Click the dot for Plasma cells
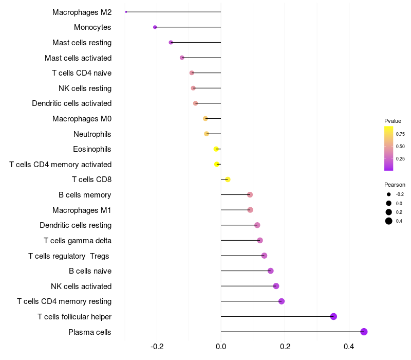[x=364, y=332]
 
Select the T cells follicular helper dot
[x=333, y=316]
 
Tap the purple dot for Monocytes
[x=155, y=27]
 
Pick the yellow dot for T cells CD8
[x=228, y=179]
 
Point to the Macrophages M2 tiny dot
[x=126, y=11]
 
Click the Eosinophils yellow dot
[x=216, y=149]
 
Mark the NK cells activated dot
[x=276, y=286]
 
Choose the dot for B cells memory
[x=250, y=194]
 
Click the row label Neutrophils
[x=92, y=134]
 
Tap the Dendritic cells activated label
[x=71, y=103]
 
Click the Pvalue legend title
[x=393, y=121]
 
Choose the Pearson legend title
[x=395, y=185]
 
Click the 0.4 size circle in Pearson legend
[x=389, y=221]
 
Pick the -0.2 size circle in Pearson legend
[x=389, y=194]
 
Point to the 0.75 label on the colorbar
[x=400, y=134]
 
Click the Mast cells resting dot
[x=171, y=42]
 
